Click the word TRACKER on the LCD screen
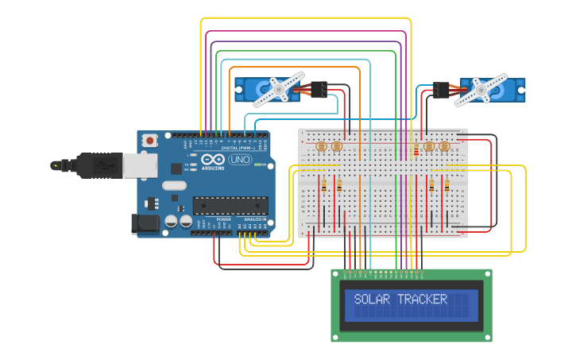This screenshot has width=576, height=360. pos(422,300)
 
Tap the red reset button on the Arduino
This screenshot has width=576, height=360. pos(149,141)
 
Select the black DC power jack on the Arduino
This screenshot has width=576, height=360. pos(145,223)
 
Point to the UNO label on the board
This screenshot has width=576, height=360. pos(239,160)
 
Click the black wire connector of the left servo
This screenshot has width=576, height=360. pos(319,89)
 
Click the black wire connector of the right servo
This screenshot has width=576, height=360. pos(441,89)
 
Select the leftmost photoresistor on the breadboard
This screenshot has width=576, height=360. pos(322,146)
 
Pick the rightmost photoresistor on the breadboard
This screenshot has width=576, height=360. pos(443,146)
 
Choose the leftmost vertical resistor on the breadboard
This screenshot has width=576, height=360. pos(323,186)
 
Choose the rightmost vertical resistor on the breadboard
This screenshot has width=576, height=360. pos(446,186)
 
